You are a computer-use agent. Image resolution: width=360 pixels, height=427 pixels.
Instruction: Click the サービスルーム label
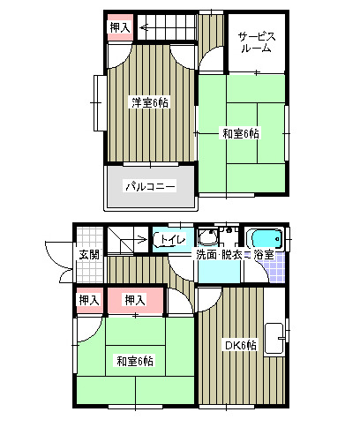(x=257, y=44)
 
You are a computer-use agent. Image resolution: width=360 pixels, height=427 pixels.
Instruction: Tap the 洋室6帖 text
(x=150, y=103)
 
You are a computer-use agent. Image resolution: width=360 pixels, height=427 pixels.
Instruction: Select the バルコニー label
(x=149, y=186)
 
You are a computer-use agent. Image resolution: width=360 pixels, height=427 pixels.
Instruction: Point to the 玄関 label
(x=89, y=255)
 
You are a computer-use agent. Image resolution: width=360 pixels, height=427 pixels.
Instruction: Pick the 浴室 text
(x=264, y=255)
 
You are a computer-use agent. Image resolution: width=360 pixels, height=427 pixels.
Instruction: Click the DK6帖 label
(x=239, y=345)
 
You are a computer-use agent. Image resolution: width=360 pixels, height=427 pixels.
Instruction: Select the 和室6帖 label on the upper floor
(x=240, y=133)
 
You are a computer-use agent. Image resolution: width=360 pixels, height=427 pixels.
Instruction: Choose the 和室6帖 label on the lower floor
(x=134, y=361)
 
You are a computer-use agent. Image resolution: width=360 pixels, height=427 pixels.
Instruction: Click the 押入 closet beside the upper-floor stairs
(x=120, y=28)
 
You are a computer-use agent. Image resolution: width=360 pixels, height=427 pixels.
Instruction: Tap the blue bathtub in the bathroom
(x=265, y=238)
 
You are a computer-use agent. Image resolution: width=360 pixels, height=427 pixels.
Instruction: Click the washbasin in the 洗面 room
(x=209, y=238)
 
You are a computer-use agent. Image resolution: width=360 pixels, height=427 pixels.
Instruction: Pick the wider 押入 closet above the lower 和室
(x=135, y=300)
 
